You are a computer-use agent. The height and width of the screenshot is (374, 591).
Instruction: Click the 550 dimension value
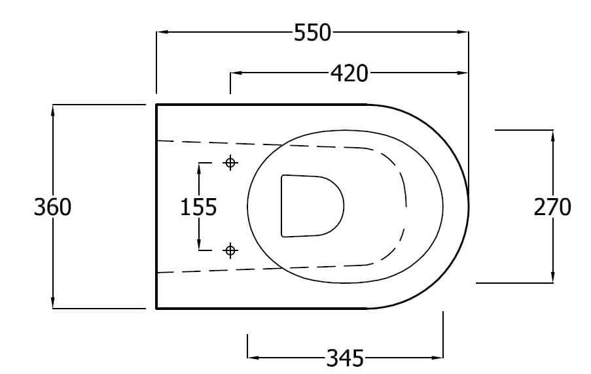[312, 33]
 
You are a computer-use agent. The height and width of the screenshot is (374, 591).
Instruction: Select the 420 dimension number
[348, 74]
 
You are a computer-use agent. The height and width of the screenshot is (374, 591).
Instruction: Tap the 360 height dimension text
[52, 207]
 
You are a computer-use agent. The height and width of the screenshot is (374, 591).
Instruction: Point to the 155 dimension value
[198, 207]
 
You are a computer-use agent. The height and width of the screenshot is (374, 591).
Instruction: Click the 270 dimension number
[552, 207]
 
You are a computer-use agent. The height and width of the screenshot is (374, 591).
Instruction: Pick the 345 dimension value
[345, 358]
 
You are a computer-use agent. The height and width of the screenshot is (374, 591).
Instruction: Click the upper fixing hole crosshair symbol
[230, 163]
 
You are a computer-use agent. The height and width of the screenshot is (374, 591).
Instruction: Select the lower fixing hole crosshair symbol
[230, 250]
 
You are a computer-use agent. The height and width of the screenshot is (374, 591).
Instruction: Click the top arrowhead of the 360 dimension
[53, 110]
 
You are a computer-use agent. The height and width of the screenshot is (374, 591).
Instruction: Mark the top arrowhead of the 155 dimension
[199, 169]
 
